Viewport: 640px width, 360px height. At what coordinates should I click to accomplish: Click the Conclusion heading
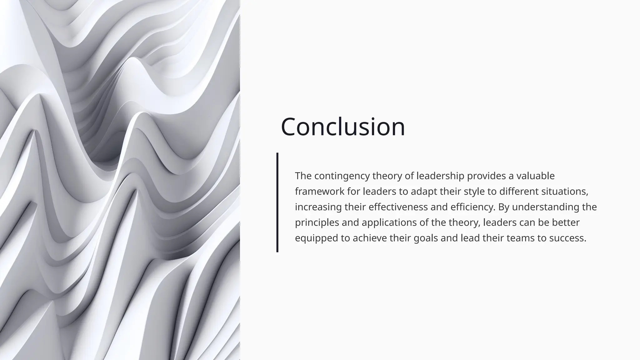[x=343, y=127]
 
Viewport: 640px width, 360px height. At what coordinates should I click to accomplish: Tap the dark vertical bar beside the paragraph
[x=277, y=202]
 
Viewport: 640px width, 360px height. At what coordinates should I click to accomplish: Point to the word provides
[x=486, y=176]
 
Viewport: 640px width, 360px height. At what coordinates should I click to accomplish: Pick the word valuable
[x=535, y=176]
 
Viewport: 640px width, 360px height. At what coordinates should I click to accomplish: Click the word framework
[x=320, y=191]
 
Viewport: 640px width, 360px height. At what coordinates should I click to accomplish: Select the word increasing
[x=318, y=207]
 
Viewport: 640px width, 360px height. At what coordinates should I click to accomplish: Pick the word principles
[x=317, y=222]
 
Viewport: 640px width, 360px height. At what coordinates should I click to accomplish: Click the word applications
[x=389, y=222]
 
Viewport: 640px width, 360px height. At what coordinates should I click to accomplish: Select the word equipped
[x=317, y=238]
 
